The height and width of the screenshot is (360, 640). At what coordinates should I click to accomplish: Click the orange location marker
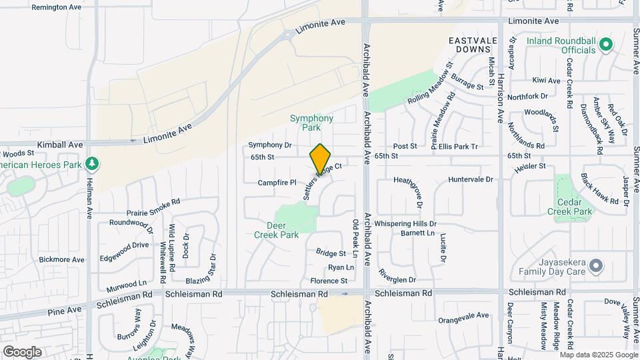(x=320, y=159)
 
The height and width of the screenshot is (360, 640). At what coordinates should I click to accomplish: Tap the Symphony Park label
(x=311, y=123)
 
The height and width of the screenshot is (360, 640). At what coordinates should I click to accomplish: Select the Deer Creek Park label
(x=277, y=230)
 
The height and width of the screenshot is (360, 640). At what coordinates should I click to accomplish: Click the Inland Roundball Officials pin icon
(x=605, y=45)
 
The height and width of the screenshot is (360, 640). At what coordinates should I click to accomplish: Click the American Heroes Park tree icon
(x=91, y=164)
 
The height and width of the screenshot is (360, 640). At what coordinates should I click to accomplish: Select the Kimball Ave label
(x=60, y=145)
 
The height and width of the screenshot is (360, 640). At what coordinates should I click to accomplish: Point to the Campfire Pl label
(x=277, y=182)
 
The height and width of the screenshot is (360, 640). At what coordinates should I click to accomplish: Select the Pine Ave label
(x=64, y=309)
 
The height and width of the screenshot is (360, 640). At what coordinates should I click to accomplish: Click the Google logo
(x=22, y=352)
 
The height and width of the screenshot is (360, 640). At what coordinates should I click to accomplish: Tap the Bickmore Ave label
(x=61, y=259)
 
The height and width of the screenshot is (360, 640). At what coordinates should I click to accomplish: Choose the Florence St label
(x=329, y=281)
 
